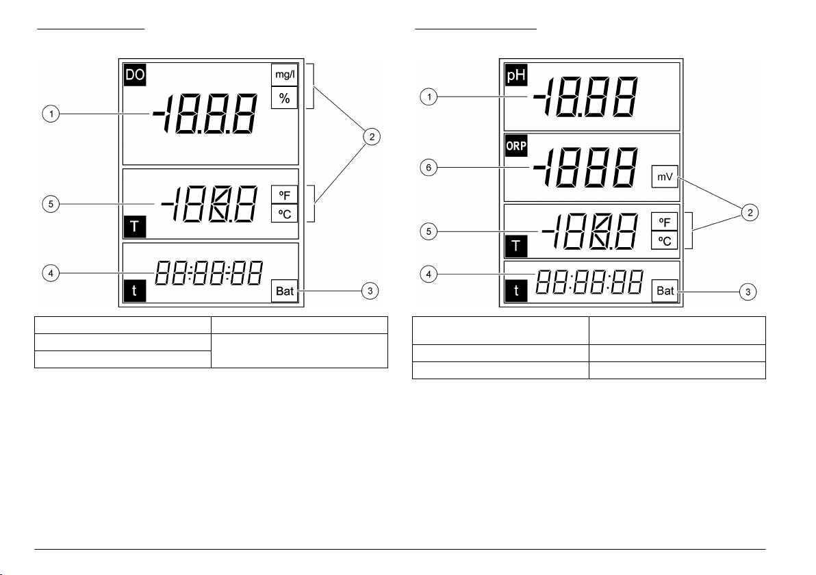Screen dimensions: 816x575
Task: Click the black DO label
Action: [x=135, y=75]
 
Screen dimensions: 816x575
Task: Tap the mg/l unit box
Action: [x=285, y=75]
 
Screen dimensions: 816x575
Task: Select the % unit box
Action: [x=285, y=98]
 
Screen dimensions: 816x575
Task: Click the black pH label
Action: [x=516, y=75]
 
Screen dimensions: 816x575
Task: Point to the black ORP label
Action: [x=516, y=146]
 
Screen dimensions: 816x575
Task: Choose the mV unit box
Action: [x=665, y=177]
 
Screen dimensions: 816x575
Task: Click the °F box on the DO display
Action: [x=285, y=195]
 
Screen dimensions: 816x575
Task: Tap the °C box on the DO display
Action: [x=285, y=214]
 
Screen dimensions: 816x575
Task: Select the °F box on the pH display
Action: [x=665, y=222]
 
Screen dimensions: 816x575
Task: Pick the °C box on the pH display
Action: [x=665, y=241]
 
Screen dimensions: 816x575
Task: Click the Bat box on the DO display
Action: [x=285, y=291]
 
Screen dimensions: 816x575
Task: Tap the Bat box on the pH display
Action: [x=665, y=290]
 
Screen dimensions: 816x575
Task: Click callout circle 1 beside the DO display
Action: [x=51, y=114]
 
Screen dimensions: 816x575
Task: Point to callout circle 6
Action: [x=429, y=168]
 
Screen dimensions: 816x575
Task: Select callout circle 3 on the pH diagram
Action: [x=748, y=292]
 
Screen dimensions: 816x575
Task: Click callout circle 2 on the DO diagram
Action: [x=372, y=137]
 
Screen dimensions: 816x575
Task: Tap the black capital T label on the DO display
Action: [x=135, y=227]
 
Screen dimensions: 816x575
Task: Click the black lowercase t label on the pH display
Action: [x=516, y=290]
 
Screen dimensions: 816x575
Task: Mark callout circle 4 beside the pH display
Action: [x=429, y=274]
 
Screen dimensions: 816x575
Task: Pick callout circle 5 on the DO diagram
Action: [x=51, y=203]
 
